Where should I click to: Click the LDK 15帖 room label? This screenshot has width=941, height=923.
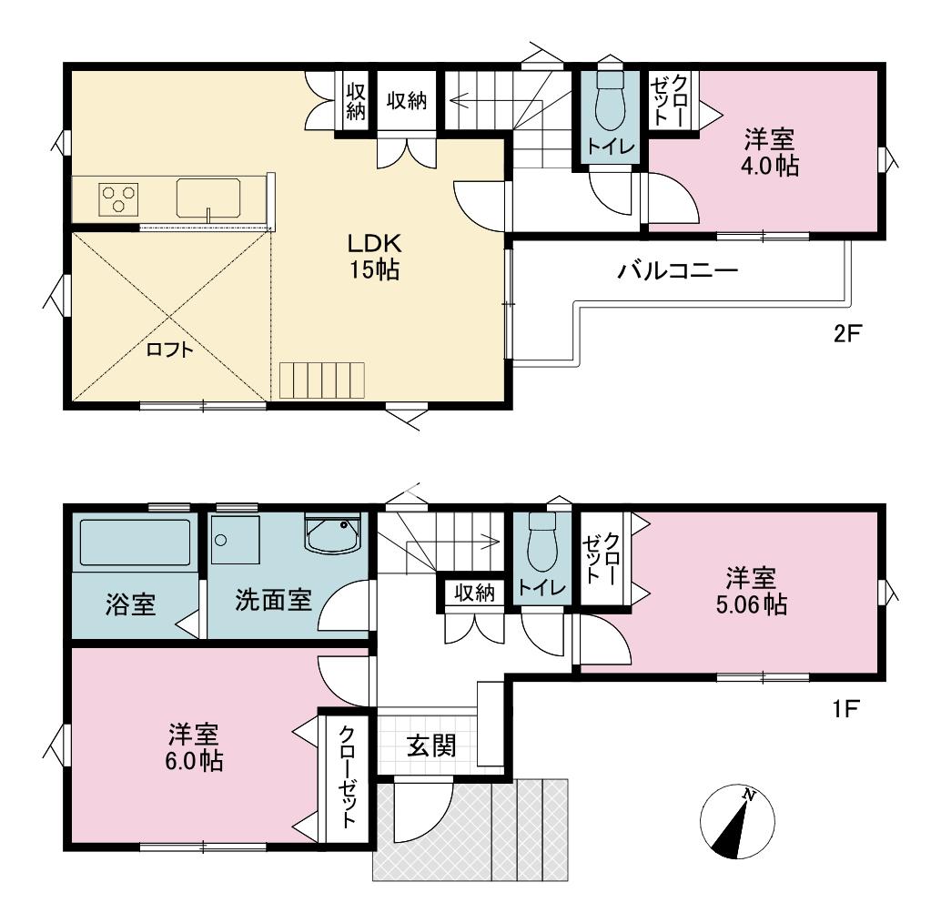coord(374,257)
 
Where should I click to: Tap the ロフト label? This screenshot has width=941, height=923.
coord(170,350)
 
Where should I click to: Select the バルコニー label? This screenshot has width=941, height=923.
coord(678,271)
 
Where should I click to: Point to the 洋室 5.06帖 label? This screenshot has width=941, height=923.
coord(752,592)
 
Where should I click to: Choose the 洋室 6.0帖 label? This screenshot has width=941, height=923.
coord(194,747)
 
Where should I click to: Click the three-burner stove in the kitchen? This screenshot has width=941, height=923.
coord(118,198)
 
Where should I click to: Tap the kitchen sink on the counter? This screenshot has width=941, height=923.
coord(208,198)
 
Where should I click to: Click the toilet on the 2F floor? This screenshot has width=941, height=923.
coord(610,102)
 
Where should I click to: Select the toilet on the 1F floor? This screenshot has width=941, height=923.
coord(542,542)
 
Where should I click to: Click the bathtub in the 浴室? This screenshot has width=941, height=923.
coord(135,543)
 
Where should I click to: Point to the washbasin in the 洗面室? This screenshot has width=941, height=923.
coord(333,532)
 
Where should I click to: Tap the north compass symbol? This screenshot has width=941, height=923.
coord(737,820)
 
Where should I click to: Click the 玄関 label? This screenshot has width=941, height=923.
coord(431,746)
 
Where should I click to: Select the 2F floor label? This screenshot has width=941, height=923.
coord(846,333)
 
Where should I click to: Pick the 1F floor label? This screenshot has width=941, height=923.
coord(846,710)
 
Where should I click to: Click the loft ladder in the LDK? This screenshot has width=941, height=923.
coord(321,380)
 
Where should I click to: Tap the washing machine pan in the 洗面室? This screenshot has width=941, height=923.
coord(235,539)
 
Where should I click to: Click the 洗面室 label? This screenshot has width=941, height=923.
coord(273,600)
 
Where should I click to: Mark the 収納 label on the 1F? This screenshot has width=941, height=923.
coord(475,593)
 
